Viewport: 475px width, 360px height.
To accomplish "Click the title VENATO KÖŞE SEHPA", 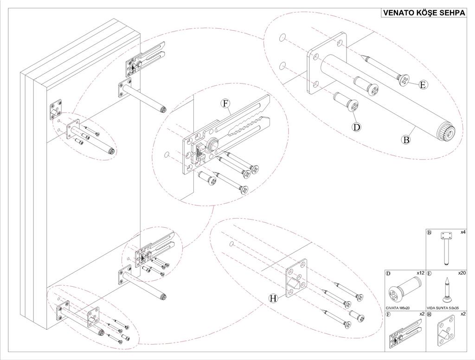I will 423,13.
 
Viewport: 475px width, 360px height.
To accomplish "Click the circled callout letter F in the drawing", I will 226,103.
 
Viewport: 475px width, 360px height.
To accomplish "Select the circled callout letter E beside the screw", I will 423,84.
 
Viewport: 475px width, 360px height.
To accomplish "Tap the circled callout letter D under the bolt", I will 356,126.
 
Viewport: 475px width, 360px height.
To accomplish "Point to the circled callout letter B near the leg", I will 406,139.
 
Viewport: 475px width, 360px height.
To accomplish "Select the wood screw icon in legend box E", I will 446,289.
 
